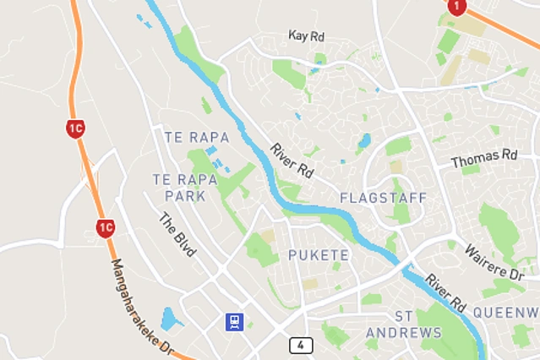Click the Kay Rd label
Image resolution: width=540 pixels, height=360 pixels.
pos(306,36)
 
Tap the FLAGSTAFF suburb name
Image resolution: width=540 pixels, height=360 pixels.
pos(382,198)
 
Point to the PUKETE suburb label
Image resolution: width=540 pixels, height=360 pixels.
pos(318,254)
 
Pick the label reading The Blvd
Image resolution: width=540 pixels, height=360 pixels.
pos(177,233)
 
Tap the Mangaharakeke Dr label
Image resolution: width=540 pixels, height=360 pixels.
pos(142,307)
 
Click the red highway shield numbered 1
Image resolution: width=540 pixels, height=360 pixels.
pos(457,7)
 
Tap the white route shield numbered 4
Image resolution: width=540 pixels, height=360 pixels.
pos(301,345)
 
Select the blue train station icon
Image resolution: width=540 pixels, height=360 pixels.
pos(233,322)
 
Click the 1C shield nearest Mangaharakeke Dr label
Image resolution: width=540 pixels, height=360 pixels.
pos(105,227)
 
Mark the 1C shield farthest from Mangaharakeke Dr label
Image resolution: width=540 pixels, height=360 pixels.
pos(75,129)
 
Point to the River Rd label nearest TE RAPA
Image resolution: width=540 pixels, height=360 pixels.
pos(292,161)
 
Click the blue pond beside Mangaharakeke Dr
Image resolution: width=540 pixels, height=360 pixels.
pos(171,319)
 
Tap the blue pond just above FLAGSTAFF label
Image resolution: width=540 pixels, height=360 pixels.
pos(364,141)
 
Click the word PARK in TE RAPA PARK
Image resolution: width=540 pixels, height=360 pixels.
pos(185,196)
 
